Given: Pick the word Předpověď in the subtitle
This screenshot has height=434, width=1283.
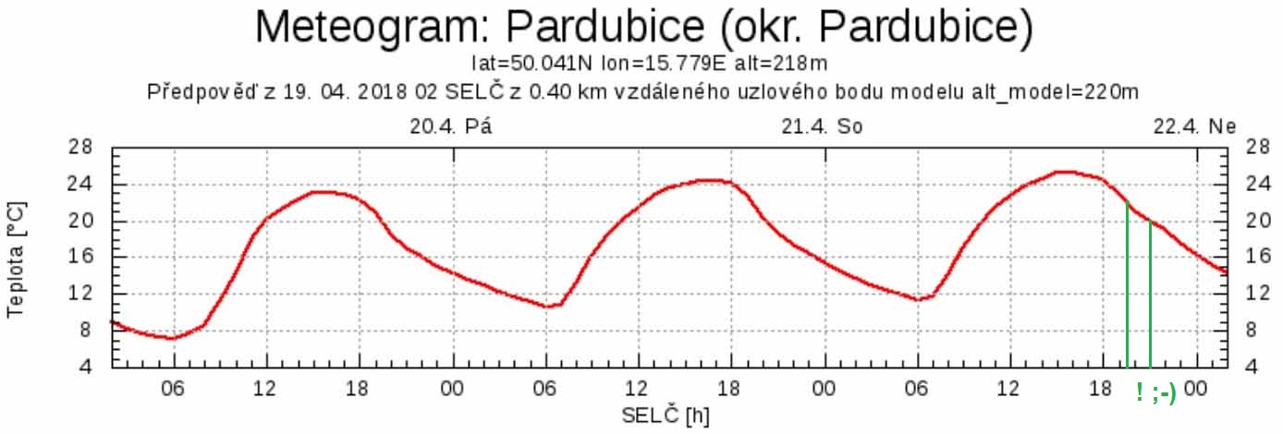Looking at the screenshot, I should (x=197, y=92).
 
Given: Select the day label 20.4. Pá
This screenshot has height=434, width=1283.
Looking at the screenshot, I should (x=451, y=127).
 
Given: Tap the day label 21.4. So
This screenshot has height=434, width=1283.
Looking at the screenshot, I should (x=822, y=127).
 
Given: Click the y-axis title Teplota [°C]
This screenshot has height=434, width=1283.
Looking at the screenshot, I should (x=16, y=259).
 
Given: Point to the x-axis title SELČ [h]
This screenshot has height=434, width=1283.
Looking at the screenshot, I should (x=666, y=416).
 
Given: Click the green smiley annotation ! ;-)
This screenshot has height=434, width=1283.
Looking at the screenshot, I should (x=1155, y=392).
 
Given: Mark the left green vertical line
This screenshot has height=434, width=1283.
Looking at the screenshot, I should (x=1127, y=286).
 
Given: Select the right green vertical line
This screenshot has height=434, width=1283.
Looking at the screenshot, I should (x=1150, y=295).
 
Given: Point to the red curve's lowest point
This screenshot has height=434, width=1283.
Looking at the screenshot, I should (x=171, y=338).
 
